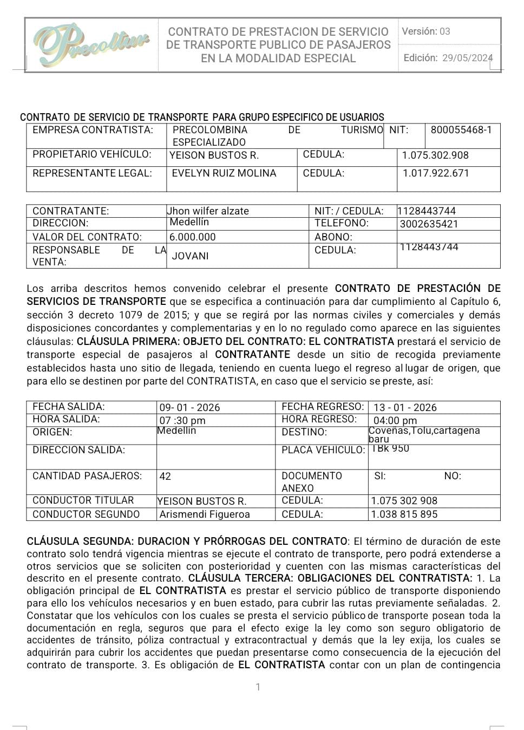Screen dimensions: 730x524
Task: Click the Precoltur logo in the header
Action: [91, 44]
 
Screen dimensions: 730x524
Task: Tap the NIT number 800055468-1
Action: [461, 130]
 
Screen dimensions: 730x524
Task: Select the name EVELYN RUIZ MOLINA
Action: [224, 173]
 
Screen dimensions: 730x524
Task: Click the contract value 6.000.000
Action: [193, 237]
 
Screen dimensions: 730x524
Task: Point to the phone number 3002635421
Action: [429, 224]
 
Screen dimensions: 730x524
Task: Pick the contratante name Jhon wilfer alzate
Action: [208, 211]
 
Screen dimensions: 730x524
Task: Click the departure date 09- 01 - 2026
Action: [189, 408]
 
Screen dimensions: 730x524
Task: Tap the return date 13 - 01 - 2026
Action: [405, 408]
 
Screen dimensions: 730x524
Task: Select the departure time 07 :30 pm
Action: [182, 421]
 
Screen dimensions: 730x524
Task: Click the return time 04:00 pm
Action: [395, 421]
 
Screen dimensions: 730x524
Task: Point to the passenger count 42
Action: [165, 477]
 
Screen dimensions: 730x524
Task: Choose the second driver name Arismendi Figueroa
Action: [205, 514]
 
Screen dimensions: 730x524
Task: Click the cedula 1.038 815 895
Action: [404, 514]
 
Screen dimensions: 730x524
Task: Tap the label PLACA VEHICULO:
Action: [323, 450]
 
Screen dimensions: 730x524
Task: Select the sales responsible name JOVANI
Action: [190, 256]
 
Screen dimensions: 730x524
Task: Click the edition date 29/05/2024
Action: [467, 58]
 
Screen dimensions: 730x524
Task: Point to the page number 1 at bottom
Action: [258, 687]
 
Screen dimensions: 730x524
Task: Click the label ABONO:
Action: [333, 237]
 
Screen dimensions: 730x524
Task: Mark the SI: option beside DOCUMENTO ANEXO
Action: [380, 476]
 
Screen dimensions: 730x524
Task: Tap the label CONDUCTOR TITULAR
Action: [83, 500]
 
